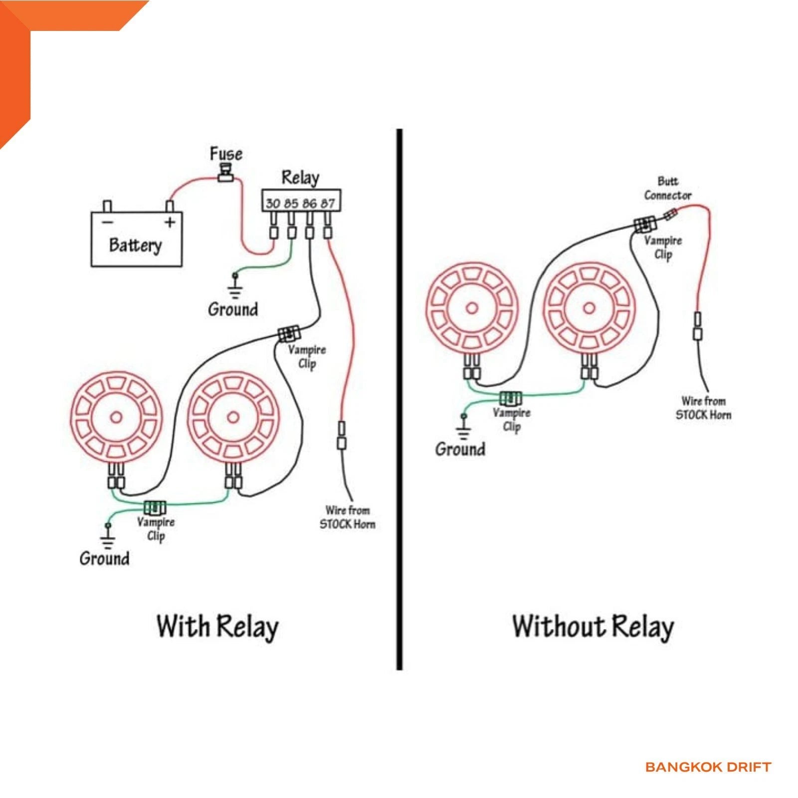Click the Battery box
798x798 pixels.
(136, 239)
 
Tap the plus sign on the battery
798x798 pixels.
(170, 221)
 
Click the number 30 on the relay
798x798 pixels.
(273, 203)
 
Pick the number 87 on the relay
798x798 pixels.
(328, 203)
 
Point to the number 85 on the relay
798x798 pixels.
(291, 203)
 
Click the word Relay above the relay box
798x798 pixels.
(300, 178)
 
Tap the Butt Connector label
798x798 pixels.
(668, 188)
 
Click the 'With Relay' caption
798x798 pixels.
(217, 627)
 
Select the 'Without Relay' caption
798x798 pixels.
(593, 627)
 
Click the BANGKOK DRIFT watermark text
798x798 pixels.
(708, 767)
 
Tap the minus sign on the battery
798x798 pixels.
(108, 222)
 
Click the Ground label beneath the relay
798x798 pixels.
(233, 309)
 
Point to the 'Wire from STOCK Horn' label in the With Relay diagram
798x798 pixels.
(348, 517)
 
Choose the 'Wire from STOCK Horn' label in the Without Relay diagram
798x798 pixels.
(704, 408)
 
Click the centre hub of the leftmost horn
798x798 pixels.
(116, 417)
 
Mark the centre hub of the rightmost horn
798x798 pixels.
(589, 308)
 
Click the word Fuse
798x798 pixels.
(226, 154)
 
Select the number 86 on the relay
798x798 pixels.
(309, 203)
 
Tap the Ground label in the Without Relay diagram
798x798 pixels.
(460, 449)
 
